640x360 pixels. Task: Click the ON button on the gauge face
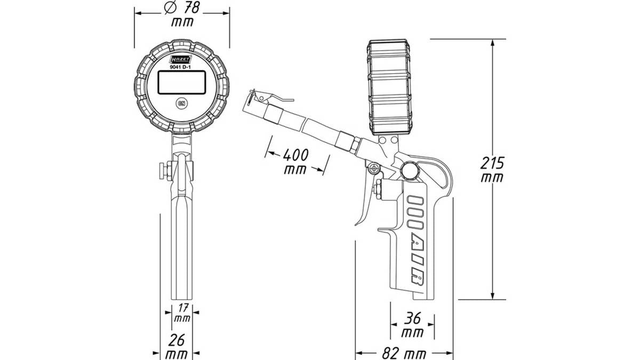(181, 103)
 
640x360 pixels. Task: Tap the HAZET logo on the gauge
(181, 59)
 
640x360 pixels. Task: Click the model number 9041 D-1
(180, 67)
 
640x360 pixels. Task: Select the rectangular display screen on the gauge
(182, 82)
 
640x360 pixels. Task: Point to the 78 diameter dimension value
(191, 7)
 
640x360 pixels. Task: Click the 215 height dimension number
(492, 163)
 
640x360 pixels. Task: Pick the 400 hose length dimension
(295, 155)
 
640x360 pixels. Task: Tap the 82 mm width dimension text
(404, 354)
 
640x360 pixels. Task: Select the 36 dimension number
(412, 318)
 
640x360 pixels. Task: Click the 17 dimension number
(183, 308)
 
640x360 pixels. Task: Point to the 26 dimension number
(177, 340)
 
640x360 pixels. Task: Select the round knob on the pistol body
(410, 171)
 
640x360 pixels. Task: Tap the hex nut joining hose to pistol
(356, 145)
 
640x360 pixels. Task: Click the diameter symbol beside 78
(170, 7)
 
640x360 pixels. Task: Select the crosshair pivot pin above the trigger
(373, 169)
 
